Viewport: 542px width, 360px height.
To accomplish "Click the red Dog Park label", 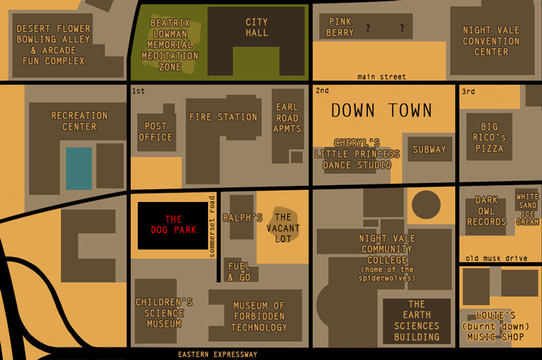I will pos(173,224).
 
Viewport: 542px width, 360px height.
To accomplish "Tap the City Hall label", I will pos(257,27).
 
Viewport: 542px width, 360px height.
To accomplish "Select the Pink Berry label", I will pos(340,27).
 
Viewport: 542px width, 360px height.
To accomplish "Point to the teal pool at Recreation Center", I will pos(79,168).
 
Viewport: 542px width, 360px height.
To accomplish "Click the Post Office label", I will pos(156,132).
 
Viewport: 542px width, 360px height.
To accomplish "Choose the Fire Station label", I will pos(223,117).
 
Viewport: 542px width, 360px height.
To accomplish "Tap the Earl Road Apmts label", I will pos(287,118).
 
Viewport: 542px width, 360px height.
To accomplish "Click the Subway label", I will pos(430,149).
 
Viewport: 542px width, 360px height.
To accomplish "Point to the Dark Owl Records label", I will pos(486,211).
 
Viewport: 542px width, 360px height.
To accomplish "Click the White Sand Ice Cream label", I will pos(527,209).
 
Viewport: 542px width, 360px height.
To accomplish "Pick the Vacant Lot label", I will pos(283,228).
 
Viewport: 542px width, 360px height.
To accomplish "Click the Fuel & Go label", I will pos(239,272).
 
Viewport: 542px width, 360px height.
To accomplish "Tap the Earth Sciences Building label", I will pos(416,320).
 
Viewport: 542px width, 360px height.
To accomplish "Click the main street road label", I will pos(382,77).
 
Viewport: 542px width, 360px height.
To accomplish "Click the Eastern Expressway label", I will pos(217,355).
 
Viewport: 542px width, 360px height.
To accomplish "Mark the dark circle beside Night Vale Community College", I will pos(426,204).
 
